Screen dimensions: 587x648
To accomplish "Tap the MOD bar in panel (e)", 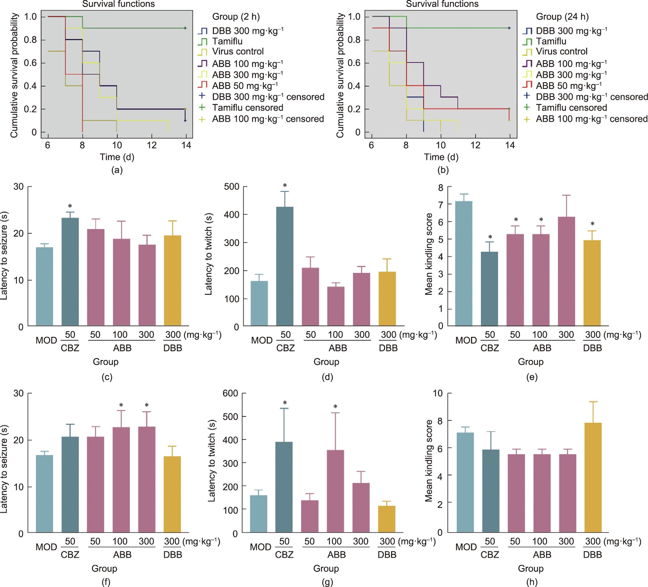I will pyautogui.click(x=464, y=264).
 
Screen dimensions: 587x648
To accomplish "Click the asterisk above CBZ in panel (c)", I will pyautogui.click(x=70, y=206).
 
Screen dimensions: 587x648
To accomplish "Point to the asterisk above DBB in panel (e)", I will pyautogui.click(x=593, y=224).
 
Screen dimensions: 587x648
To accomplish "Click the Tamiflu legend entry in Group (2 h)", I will pyautogui.click(x=227, y=41).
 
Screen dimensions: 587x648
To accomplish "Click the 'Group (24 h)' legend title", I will pyautogui.click(x=562, y=17).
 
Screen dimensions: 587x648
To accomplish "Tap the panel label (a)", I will pyautogui.click(x=117, y=170).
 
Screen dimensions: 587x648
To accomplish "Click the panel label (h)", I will pyautogui.click(x=532, y=582).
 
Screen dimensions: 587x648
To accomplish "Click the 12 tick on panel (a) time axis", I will pyautogui.click(x=152, y=145).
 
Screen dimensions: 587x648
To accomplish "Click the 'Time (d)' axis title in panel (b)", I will pyautogui.click(x=441, y=157).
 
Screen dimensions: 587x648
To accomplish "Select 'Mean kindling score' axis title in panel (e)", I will pyautogui.click(x=429, y=254).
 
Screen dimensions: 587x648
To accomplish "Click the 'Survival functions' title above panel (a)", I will pyautogui.click(x=118, y=4).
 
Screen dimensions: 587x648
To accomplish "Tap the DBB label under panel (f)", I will pyautogui.click(x=173, y=554).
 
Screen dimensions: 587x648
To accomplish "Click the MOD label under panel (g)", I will pyautogui.click(x=260, y=547).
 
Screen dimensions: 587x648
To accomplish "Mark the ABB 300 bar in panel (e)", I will pyautogui.click(x=566, y=272).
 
